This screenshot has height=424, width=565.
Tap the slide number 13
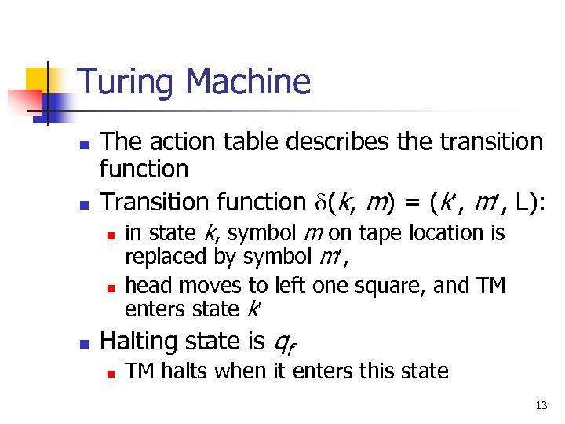tap(541, 406)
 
